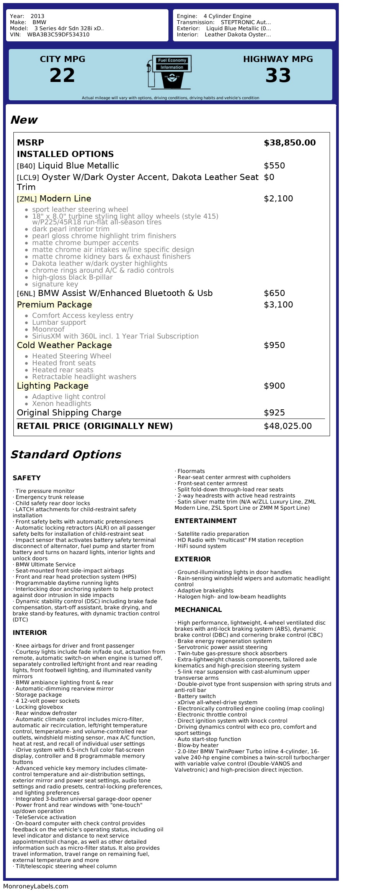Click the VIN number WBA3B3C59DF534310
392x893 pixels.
click(x=58, y=34)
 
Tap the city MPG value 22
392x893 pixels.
click(x=62, y=75)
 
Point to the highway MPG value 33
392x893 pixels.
click(x=278, y=75)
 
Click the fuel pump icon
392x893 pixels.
click(x=169, y=72)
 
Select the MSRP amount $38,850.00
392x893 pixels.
click(x=289, y=143)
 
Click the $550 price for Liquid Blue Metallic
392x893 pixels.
click(x=274, y=166)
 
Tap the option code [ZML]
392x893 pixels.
click(x=27, y=199)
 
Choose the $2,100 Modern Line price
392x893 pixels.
click(x=278, y=199)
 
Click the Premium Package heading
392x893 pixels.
click(x=54, y=305)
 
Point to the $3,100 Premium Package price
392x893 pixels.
click(x=278, y=305)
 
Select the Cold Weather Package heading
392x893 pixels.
click(x=64, y=345)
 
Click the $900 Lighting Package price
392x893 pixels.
click(x=274, y=386)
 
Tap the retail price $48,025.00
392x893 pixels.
click(x=287, y=426)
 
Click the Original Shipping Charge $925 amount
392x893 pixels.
click(x=274, y=413)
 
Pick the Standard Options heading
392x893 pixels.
click(x=65, y=455)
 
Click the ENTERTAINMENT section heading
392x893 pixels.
click(x=206, y=521)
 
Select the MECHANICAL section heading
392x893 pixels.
click(x=198, y=610)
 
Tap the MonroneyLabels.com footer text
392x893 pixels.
click(x=36, y=886)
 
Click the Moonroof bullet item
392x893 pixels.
click(x=48, y=329)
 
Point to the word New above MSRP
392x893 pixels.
click(x=24, y=120)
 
